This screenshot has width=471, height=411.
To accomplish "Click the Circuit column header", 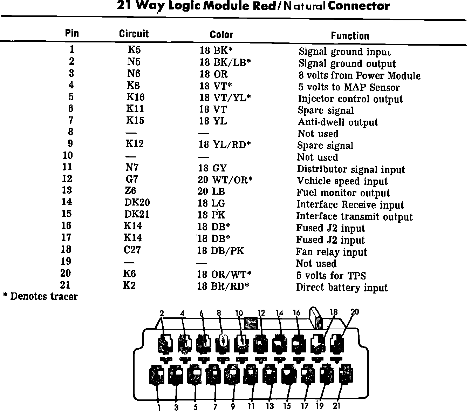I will pyautogui.click(x=134, y=34).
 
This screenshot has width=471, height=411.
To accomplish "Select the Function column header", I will pyautogui.click(x=350, y=36).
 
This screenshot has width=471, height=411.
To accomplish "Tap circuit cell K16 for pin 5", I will pyautogui.click(x=135, y=97).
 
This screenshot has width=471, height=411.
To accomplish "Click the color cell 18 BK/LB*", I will pyautogui.click(x=225, y=63).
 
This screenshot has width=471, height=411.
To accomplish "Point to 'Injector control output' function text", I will pyautogui.click(x=350, y=99).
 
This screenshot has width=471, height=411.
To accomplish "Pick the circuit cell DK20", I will pyautogui.click(x=137, y=202).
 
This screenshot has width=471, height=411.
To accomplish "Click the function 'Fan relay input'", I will pyautogui.click(x=331, y=252).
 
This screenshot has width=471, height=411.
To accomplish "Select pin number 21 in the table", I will pyautogui.click(x=66, y=285).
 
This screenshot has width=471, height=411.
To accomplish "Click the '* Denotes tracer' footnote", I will pyautogui.click(x=40, y=297).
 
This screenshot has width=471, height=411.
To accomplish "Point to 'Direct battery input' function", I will pyautogui.click(x=342, y=288).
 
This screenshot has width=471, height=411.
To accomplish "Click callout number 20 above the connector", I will pyautogui.click(x=355, y=312).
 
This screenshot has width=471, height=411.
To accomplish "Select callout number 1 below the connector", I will pyautogui.click(x=159, y=407).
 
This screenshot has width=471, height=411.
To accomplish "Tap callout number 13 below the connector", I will pyautogui.click(x=269, y=406).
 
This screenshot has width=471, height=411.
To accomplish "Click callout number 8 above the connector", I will pyautogui.click(x=219, y=313).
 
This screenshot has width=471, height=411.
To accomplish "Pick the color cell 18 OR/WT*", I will pyautogui.click(x=224, y=274).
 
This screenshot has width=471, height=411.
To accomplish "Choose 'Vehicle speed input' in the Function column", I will pyautogui.click(x=342, y=181).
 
